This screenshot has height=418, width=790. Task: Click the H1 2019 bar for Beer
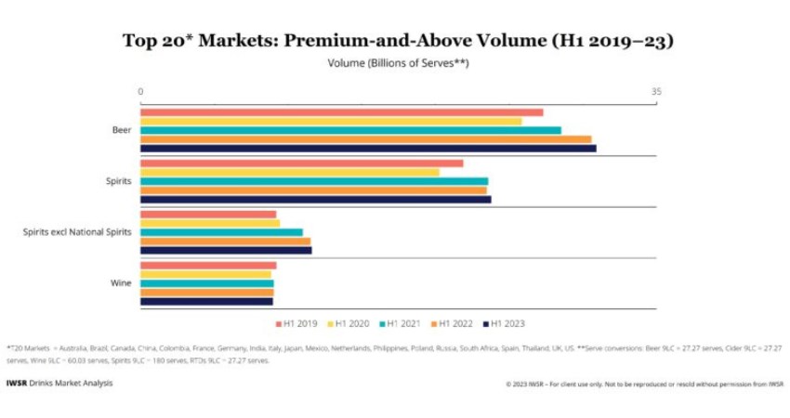coord(341,112)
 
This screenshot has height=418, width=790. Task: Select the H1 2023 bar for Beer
coord(368,148)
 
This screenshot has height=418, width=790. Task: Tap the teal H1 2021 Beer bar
coord(350,130)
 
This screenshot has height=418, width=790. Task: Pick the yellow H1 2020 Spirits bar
coord(289,172)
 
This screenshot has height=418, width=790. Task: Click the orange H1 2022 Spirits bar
coord(313,189)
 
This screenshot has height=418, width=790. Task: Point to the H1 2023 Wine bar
coord(206,301)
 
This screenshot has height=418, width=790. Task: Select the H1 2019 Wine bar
coord(208,266)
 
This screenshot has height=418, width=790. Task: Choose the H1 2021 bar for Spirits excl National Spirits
coord(221,232)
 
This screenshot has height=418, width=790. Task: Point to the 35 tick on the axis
coord(656,91)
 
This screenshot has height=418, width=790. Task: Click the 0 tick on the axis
coord(140,91)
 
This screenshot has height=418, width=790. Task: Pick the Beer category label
coord(122,130)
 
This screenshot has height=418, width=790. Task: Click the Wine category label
coord(121,282)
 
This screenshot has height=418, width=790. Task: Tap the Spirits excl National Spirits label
coord(77,231)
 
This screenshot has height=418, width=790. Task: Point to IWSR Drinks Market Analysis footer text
coord(59,383)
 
